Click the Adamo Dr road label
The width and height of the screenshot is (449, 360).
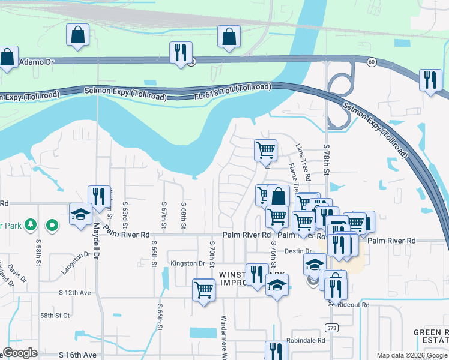(37, 62)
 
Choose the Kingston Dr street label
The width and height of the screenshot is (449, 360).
(188, 263)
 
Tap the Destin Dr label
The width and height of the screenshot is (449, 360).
(298, 251)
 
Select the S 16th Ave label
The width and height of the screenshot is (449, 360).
(77, 355)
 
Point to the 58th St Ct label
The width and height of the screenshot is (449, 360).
(55, 315)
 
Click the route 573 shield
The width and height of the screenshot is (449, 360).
(331, 328)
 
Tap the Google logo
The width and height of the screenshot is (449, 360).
(20, 353)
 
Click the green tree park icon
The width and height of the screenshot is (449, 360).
(32, 226)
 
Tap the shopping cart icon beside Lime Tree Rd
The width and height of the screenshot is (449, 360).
(265, 149)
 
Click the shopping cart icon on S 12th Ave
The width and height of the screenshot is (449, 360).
(204, 289)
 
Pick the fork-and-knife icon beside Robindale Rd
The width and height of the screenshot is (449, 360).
(276, 350)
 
